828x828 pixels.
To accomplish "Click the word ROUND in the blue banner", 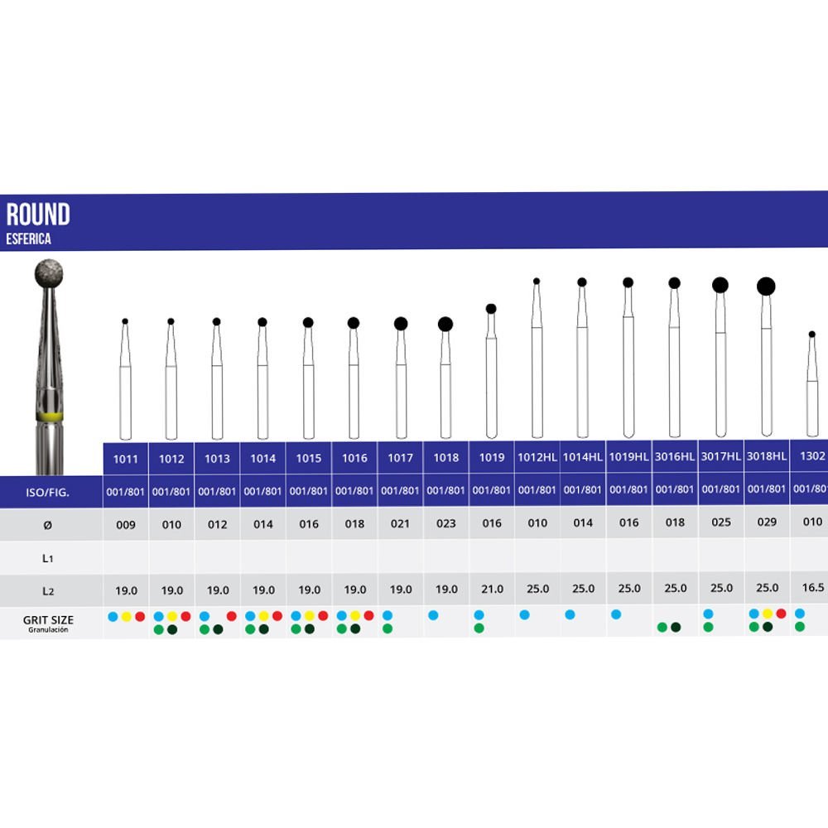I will [x=38, y=215].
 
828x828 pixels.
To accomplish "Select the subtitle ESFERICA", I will [x=29, y=239].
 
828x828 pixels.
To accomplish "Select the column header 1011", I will [x=126, y=458].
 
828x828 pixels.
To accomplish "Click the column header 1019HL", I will [x=628, y=458].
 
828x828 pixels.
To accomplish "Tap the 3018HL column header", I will [x=767, y=458].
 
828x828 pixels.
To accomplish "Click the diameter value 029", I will [x=767, y=522].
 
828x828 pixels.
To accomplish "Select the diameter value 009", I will [x=126, y=522].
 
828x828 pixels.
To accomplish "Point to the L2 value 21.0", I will [x=491, y=590].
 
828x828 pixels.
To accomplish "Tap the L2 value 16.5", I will [x=813, y=590].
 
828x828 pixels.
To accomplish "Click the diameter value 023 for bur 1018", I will [x=445, y=522].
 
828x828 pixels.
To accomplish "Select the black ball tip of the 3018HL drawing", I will [x=766, y=286].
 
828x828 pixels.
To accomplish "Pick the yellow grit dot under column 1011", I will [x=126, y=616].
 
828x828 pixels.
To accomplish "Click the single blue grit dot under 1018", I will [x=433, y=615].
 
